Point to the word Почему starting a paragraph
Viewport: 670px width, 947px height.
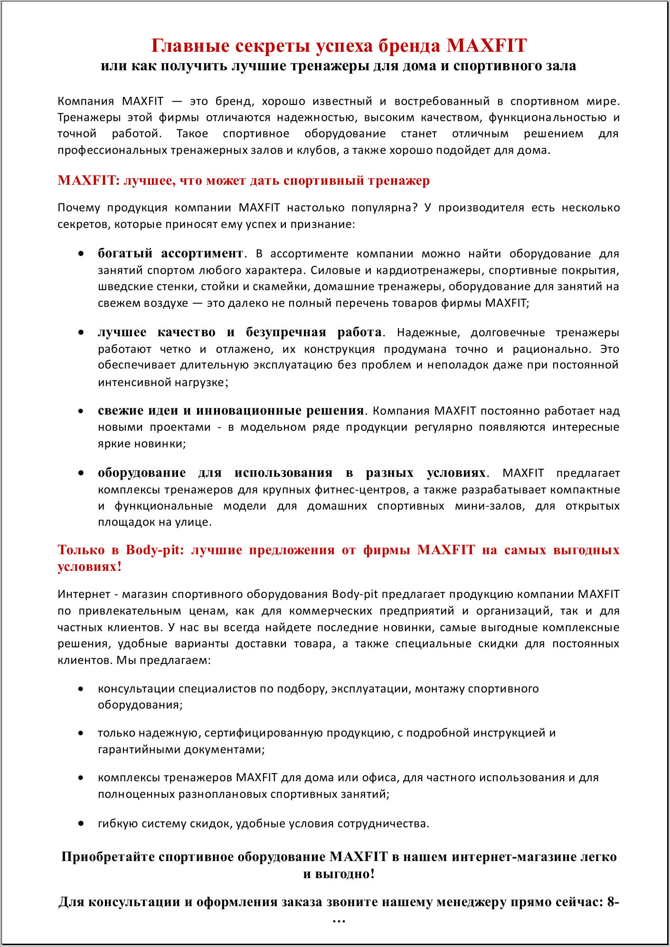[79, 208]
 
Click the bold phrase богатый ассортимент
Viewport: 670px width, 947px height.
[170, 253]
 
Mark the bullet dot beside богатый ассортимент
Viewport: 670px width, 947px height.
[81, 254]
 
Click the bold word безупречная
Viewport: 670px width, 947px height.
[286, 332]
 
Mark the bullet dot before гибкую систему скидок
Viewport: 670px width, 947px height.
[81, 824]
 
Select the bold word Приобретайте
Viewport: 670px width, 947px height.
[108, 857]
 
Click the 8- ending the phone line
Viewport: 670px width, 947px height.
[613, 902]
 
